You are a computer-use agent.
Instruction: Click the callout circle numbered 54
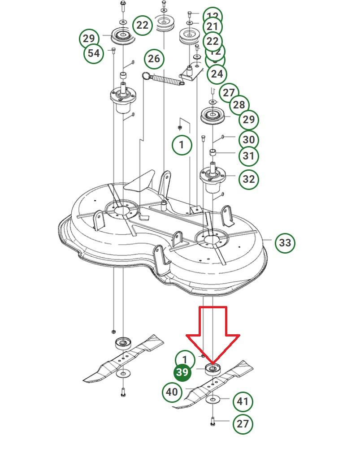click(93, 53)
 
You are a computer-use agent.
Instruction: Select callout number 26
click(154, 59)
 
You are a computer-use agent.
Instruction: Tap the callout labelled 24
click(217, 73)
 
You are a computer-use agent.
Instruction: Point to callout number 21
click(213, 26)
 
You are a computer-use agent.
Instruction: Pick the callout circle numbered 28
click(239, 105)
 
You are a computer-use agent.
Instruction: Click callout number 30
click(248, 139)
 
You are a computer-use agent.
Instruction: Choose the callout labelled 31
click(248, 156)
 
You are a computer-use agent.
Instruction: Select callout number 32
click(248, 179)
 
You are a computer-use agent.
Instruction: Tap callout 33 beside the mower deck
click(285, 243)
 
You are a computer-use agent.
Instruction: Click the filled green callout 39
click(182, 372)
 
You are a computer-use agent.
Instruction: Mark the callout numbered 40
click(172, 392)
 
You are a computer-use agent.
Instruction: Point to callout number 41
click(243, 401)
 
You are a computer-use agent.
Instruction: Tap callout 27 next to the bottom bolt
click(243, 423)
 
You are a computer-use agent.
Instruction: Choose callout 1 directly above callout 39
click(185, 359)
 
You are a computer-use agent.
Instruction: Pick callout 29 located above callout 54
click(89, 39)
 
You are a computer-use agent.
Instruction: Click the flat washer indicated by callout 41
click(213, 400)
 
